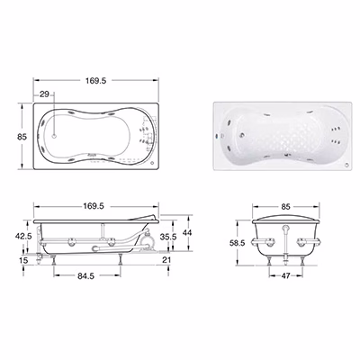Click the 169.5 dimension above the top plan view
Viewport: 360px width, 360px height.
pos(95,80)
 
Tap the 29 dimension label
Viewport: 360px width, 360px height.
pos(44,94)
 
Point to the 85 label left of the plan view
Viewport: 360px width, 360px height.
pos(22,137)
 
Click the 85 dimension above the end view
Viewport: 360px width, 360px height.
pos(285,206)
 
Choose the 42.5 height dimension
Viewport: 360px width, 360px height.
pos(23,236)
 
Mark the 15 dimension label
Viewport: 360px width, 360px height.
pos(23,260)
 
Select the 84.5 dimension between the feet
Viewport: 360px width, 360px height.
pos(86,276)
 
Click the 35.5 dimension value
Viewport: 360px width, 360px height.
pos(168,237)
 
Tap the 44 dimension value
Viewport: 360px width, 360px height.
pos(187,232)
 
